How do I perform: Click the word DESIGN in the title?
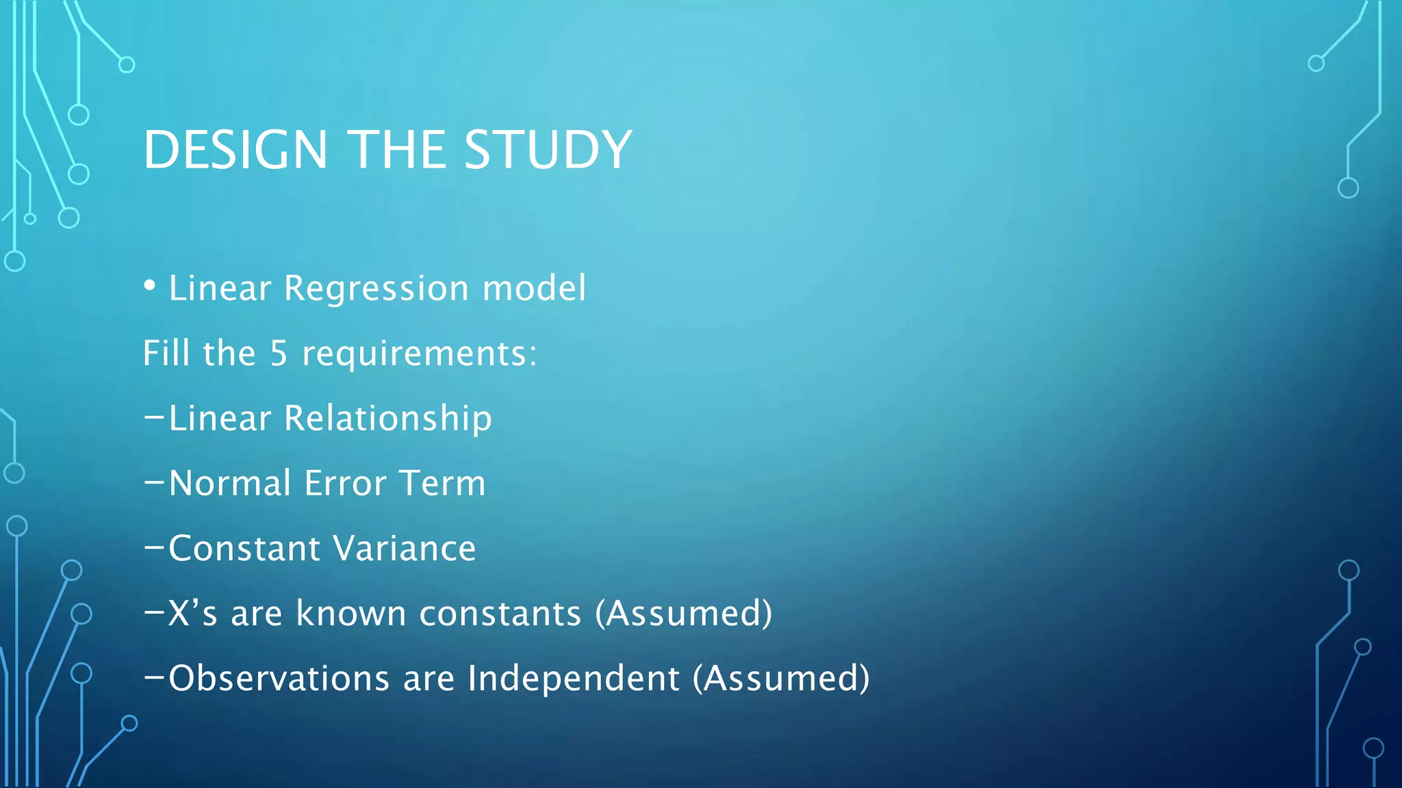[235, 150]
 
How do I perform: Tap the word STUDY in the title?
[548, 150]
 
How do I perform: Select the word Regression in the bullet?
[376, 289]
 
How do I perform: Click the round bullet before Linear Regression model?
[150, 286]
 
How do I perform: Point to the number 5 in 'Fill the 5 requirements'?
[279, 354]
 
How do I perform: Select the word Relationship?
[387, 419]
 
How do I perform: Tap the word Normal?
[230, 484]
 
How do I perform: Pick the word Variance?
[405, 549]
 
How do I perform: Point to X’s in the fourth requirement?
[192, 613]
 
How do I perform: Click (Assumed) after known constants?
[684, 614]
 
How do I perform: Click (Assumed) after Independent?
[781, 679]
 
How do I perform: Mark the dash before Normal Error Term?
[154, 482]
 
